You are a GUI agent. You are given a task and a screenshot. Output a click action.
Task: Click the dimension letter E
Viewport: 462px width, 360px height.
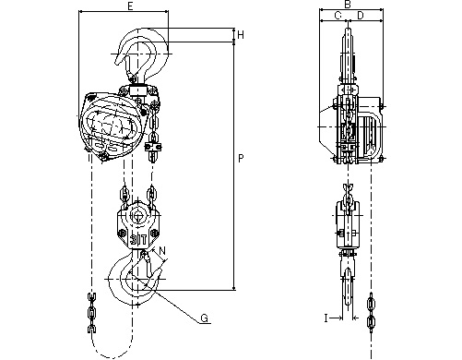(x=130, y=6)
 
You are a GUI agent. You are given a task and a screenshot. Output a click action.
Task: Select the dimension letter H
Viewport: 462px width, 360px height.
(x=241, y=35)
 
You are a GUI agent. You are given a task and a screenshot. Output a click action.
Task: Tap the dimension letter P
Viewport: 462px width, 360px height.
(x=241, y=159)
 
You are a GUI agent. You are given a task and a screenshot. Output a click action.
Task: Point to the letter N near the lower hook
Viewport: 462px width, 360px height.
(x=162, y=251)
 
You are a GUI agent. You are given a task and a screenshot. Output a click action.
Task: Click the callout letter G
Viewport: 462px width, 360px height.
(x=204, y=318)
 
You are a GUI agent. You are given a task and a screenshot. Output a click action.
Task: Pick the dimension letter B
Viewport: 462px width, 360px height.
(x=348, y=5)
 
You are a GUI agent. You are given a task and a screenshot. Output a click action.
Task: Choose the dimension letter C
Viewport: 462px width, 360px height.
(x=338, y=15)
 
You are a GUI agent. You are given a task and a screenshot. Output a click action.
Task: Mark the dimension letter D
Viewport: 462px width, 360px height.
(x=361, y=15)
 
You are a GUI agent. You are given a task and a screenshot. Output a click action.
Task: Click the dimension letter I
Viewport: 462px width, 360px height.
(x=326, y=318)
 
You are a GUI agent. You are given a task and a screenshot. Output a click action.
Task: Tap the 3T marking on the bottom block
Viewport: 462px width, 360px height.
(x=137, y=239)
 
